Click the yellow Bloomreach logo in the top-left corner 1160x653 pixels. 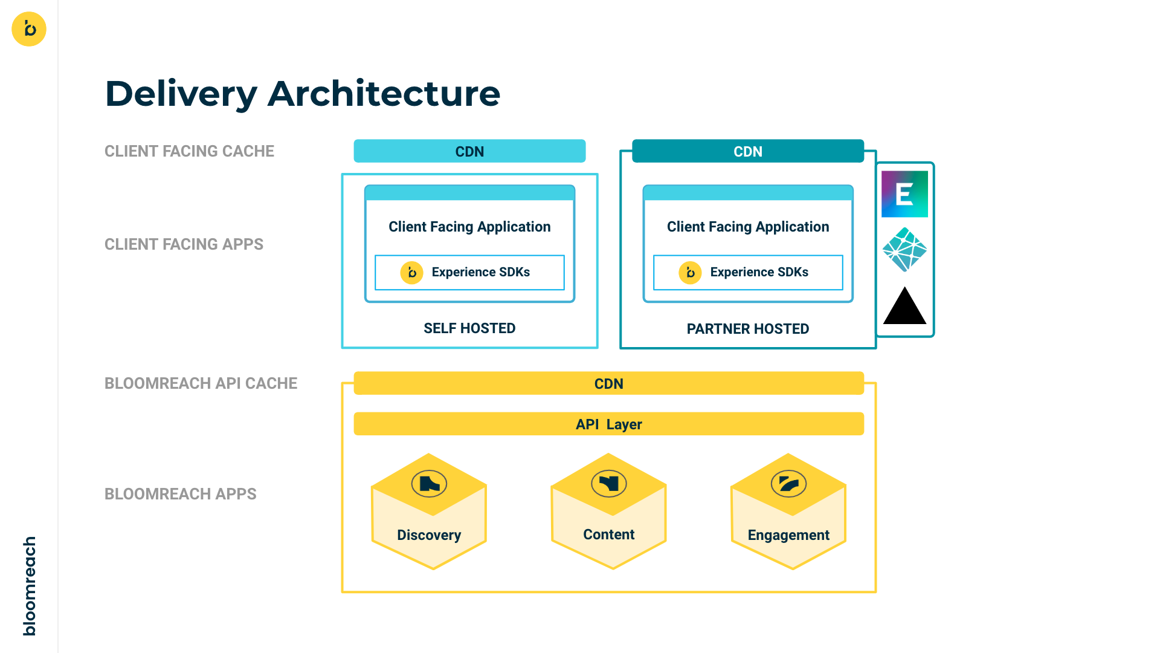point(29,29)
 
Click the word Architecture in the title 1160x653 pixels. point(384,94)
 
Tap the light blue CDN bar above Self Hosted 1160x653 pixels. point(469,151)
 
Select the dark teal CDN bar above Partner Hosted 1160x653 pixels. point(747,151)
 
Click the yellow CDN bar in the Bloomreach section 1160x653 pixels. point(608,383)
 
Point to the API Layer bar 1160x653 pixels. point(608,424)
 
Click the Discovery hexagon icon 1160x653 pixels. point(429,484)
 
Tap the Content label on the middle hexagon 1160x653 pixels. point(608,534)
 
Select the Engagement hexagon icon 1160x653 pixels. point(788,484)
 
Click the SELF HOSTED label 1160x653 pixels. point(469,328)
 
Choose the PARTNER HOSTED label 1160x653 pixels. point(747,329)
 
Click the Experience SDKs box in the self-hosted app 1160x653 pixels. point(469,272)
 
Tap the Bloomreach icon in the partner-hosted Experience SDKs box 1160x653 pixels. point(690,273)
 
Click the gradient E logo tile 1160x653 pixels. point(904,194)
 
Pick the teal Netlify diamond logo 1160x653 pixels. point(904,249)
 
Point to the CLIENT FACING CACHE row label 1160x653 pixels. point(189,151)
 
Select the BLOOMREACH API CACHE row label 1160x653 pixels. point(201,383)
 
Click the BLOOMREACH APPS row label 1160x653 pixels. point(180,494)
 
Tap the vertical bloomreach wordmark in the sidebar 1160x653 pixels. point(29,585)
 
